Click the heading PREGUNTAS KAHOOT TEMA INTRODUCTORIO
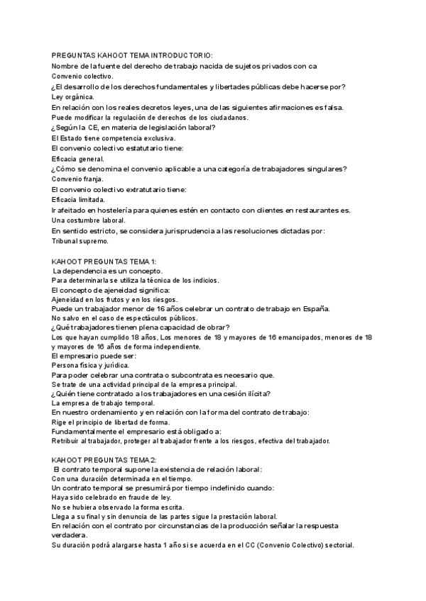point(133,55)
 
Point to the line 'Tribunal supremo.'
point(81,241)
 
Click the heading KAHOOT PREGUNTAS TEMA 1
point(104,262)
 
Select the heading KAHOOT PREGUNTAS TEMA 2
point(105,459)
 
